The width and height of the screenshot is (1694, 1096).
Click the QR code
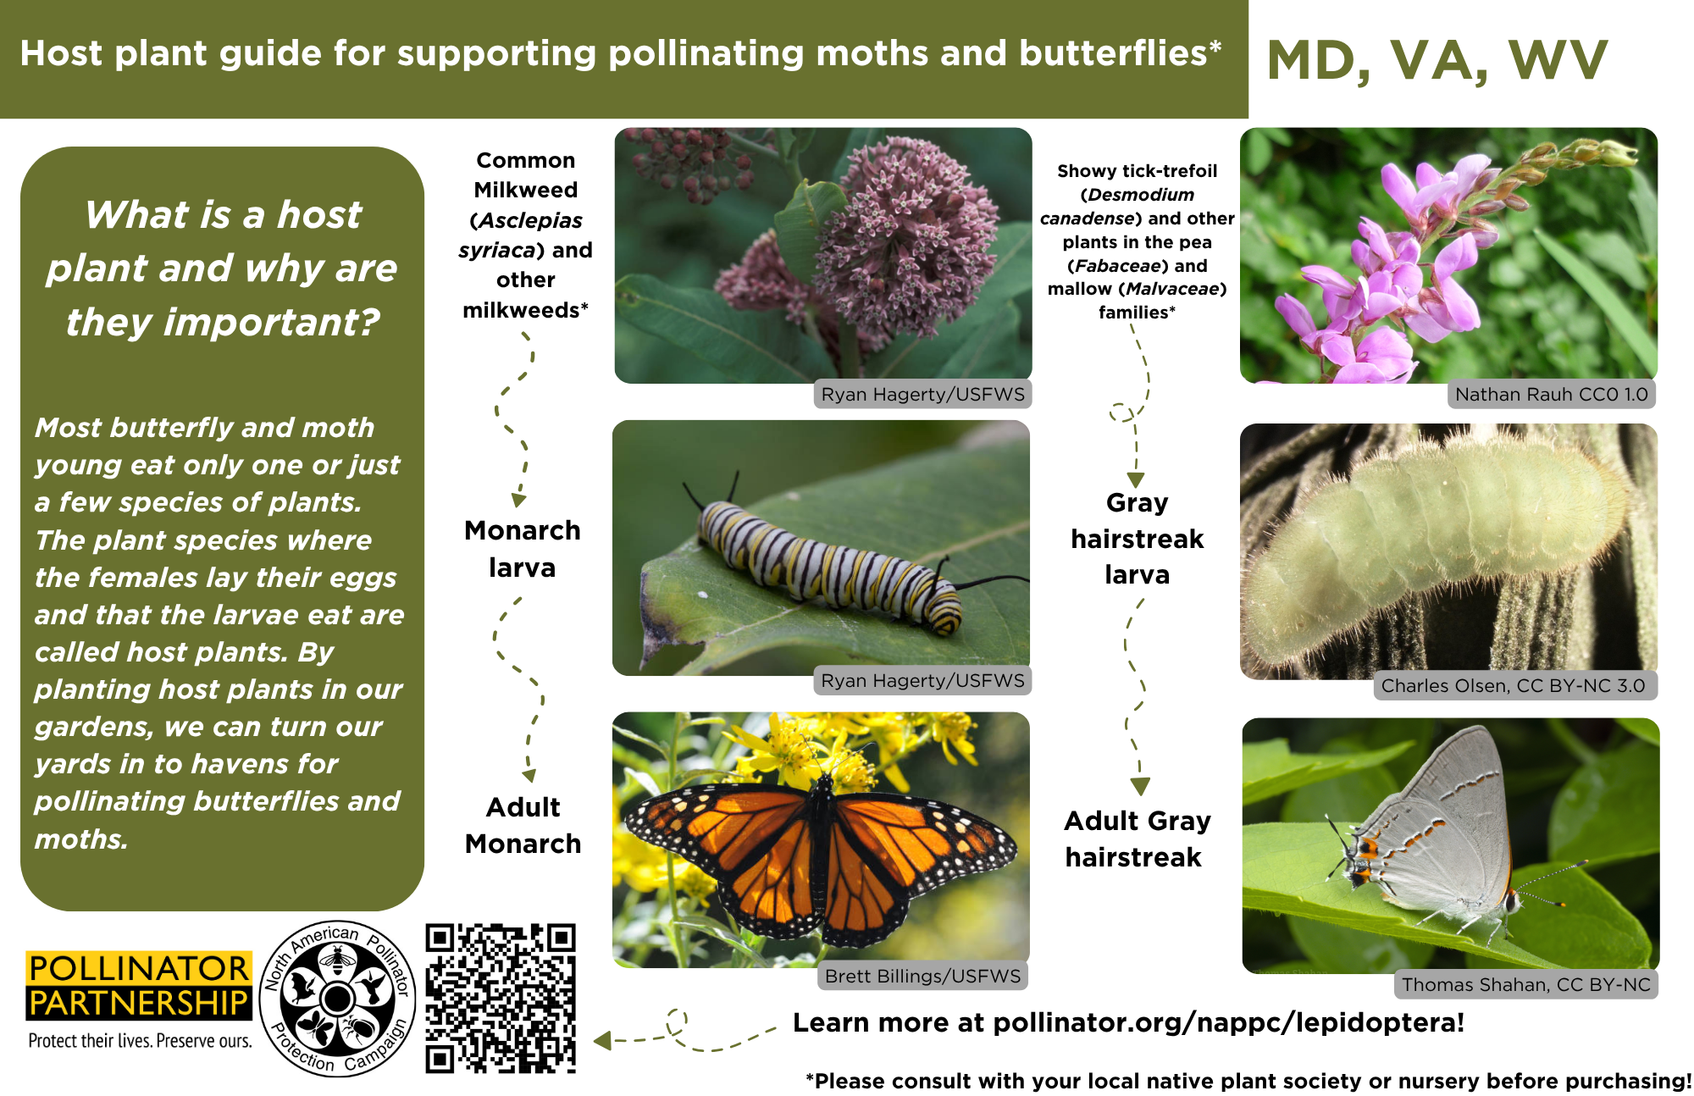pyautogui.click(x=501, y=999)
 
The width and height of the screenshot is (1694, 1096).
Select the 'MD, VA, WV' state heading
pyautogui.click(x=1437, y=61)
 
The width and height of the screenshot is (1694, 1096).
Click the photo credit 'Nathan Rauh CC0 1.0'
pyautogui.click(x=1552, y=394)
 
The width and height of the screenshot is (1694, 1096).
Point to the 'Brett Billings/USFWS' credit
pyautogui.click(x=922, y=976)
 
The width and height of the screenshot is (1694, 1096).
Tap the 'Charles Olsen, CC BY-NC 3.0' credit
pyautogui.click(x=1513, y=685)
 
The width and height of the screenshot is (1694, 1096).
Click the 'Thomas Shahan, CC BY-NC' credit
pyautogui.click(x=1526, y=984)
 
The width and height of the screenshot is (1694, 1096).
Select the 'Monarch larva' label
pyautogui.click(x=523, y=549)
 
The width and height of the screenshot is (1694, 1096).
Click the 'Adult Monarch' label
pyautogui.click(x=523, y=825)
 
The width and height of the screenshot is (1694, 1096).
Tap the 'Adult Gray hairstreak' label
pyautogui.click(x=1137, y=839)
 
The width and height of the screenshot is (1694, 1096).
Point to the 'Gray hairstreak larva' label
pyautogui.click(x=1137, y=539)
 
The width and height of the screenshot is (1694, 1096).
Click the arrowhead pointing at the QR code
pyautogui.click(x=602, y=1040)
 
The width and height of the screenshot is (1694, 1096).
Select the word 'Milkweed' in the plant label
pyautogui.click(x=526, y=190)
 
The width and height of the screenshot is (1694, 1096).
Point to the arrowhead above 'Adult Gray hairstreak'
pyautogui.click(x=1140, y=787)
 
